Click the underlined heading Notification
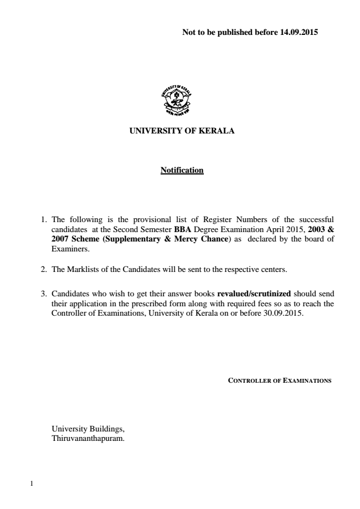click(x=182, y=170)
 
